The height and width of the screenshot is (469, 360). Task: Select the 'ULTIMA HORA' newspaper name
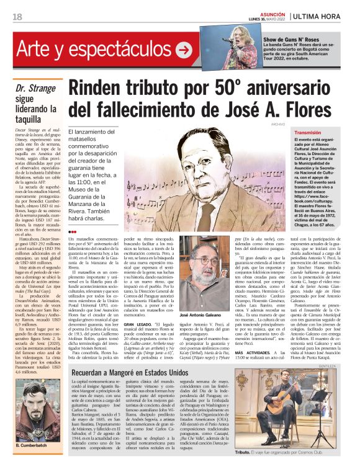(x=320, y=17)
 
